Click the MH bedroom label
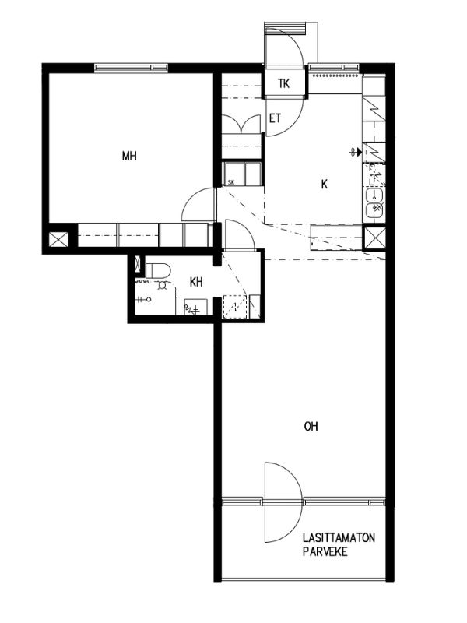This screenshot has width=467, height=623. pyautogui.click(x=129, y=155)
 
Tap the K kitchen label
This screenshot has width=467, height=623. pyautogui.click(x=325, y=184)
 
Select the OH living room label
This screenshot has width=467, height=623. pyautogui.click(x=311, y=426)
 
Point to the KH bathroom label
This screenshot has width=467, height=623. pyautogui.click(x=196, y=282)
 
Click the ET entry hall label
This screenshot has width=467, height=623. pyautogui.click(x=276, y=118)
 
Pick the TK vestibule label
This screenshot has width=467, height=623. pyautogui.click(x=284, y=84)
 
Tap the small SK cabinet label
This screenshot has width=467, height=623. pyautogui.click(x=231, y=183)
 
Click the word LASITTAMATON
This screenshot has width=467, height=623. pyautogui.click(x=339, y=538)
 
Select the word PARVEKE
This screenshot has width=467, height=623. pyautogui.click(x=325, y=552)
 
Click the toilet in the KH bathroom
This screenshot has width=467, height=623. pyautogui.click(x=158, y=270)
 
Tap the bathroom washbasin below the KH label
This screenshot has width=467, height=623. pyautogui.click(x=195, y=307)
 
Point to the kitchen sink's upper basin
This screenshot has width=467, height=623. pyautogui.click(x=374, y=195)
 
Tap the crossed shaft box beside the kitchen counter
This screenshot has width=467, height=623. pyautogui.click(x=374, y=238)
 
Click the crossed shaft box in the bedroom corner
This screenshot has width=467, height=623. pyautogui.click(x=58, y=240)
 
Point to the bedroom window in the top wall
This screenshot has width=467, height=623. pyautogui.click(x=131, y=68)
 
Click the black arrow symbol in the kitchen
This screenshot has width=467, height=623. pyautogui.click(x=359, y=151)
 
